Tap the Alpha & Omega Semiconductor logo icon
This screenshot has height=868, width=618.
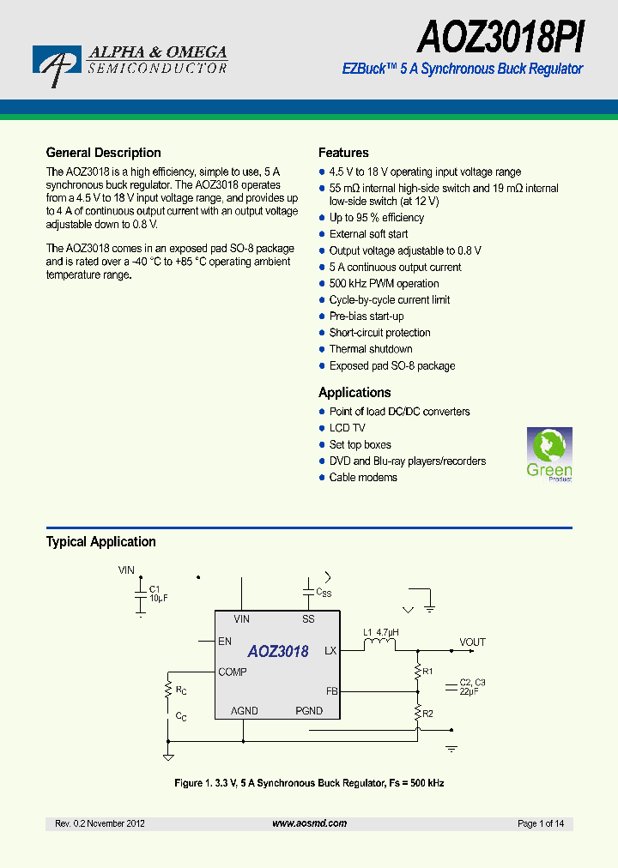[57, 65]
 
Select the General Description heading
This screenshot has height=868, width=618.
[103, 153]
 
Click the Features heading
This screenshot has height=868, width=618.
[343, 153]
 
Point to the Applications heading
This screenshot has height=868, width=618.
[354, 393]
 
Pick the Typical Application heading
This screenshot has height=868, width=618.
[100, 542]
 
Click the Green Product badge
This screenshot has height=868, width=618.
[548, 455]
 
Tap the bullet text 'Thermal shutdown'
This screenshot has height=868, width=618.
[371, 349]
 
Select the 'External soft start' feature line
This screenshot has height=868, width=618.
[368, 234]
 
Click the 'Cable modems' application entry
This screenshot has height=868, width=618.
[363, 478]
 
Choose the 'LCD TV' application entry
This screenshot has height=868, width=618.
[347, 428]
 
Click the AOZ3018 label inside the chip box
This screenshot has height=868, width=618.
[278, 652]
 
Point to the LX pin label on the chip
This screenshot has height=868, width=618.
[330, 651]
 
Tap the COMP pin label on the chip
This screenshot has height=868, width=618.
[232, 672]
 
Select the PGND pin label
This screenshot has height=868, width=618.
[309, 711]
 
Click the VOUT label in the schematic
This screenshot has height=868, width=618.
[472, 642]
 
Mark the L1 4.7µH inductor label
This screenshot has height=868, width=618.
[380, 633]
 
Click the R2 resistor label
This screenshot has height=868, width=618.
[428, 713]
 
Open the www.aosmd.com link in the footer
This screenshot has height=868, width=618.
[309, 823]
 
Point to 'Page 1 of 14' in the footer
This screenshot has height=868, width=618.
[541, 823]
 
